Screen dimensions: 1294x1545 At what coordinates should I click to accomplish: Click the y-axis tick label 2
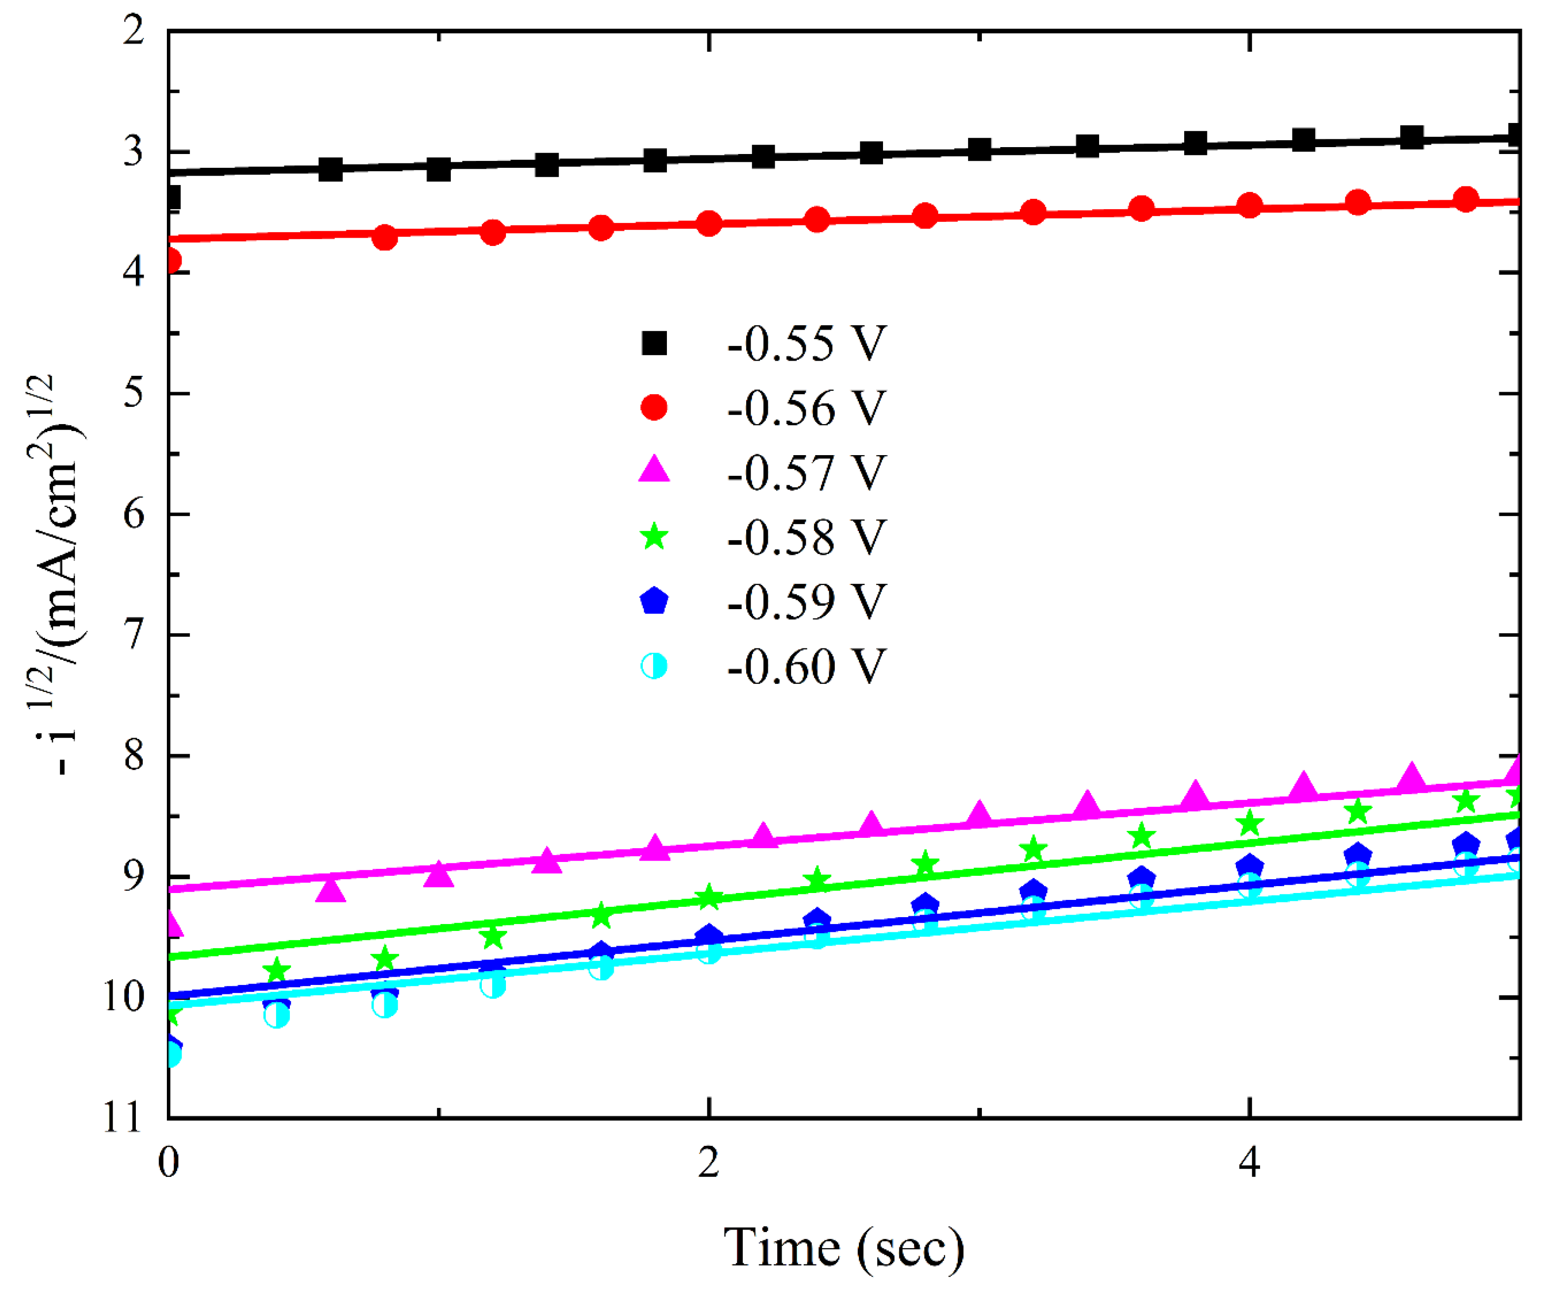pos(134,31)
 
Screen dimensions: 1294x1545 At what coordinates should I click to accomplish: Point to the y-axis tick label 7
pos(134,635)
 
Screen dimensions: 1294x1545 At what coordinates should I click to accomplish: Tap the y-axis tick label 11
pos(122,1119)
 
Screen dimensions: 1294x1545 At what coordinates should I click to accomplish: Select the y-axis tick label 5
pos(134,393)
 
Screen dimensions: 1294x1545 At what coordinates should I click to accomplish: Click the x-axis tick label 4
pos(1249,1163)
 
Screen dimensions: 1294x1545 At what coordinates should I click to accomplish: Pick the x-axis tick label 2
pos(708,1163)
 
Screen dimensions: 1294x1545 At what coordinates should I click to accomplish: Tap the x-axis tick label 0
pos(168,1163)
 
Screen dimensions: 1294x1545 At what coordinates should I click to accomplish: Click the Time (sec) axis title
pos(844,1248)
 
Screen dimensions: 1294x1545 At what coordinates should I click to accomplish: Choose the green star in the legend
pos(654,536)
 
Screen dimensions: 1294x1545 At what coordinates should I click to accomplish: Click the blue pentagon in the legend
pos(654,601)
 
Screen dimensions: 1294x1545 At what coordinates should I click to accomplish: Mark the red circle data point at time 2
pos(708,224)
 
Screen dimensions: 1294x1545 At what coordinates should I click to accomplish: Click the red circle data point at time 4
pos(1249,205)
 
